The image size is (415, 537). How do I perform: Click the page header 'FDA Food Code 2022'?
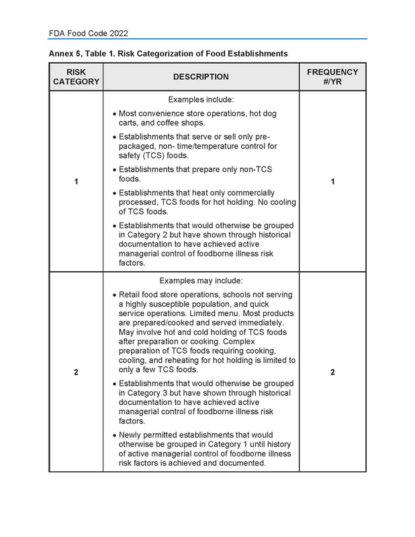(89, 33)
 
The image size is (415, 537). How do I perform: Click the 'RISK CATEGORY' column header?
(76, 77)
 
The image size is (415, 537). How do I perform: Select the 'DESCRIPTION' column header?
(201, 77)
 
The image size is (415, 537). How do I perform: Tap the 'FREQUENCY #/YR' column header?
(332, 77)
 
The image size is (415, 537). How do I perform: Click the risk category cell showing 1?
(76, 182)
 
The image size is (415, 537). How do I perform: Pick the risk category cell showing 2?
(76, 373)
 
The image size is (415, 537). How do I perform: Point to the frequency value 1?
(332, 182)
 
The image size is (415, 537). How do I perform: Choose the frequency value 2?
(332, 373)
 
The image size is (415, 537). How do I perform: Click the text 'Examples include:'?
(201, 99)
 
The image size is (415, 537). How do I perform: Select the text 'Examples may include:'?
(201, 281)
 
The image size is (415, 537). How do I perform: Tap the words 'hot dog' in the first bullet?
(262, 113)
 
